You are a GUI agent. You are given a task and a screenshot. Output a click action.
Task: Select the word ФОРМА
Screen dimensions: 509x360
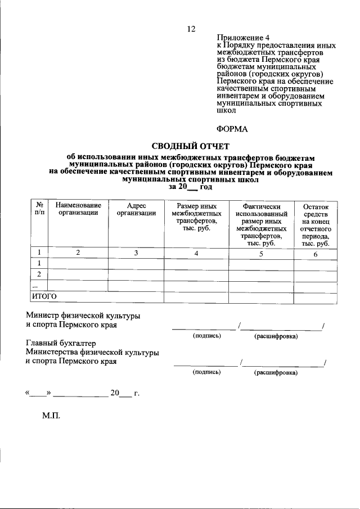click(232, 128)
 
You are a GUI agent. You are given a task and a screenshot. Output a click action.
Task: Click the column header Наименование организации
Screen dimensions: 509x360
click(78, 209)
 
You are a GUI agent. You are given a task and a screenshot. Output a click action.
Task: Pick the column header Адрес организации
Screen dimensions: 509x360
click(136, 209)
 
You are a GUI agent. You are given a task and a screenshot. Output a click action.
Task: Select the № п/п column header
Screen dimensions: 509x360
click(39, 209)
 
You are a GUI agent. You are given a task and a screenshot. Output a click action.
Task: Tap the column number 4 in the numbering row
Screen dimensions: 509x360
click(196, 253)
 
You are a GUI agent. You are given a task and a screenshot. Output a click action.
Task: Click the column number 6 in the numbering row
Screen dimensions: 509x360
click(316, 253)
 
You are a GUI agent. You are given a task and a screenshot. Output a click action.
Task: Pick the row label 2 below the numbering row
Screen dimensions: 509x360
click(39, 274)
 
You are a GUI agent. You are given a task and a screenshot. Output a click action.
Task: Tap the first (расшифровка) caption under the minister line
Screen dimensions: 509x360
click(276, 336)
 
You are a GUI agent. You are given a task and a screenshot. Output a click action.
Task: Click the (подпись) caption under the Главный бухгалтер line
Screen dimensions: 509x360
click(206, 372)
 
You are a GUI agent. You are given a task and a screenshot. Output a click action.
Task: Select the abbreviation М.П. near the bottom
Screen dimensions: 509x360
click(51, 417)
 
